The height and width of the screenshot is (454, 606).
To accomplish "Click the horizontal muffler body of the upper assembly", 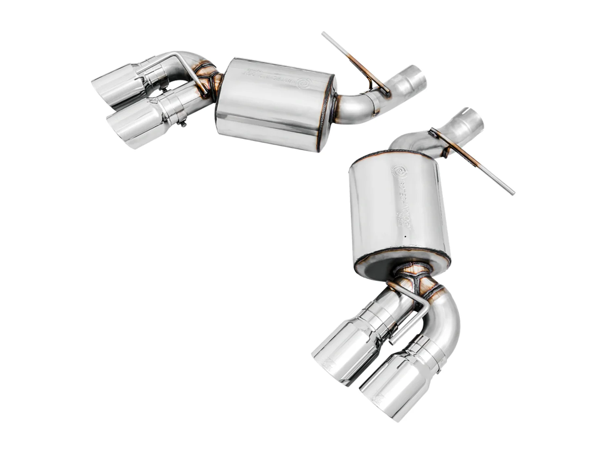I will pos(275,107).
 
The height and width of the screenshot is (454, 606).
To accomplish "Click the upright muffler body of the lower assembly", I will pos(398,210).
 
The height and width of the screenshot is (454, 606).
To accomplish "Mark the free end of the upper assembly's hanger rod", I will pos(324,34).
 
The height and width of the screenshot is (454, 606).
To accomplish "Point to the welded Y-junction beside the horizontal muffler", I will pos(204,77).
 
